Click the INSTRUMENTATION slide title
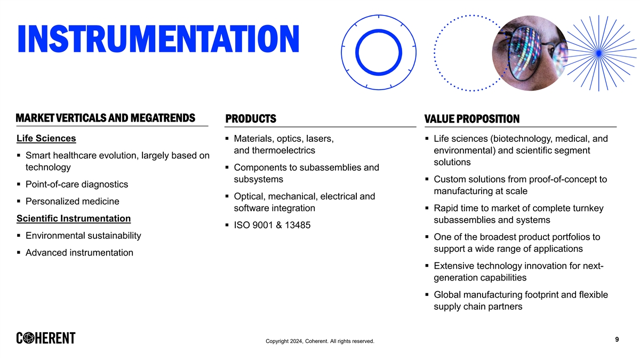[x=158, y=39]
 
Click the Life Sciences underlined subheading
[x=46, y=138]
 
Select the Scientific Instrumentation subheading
[x=74, y=219]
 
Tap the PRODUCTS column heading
[x=251, y=118]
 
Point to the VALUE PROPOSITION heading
[x=471, y=119]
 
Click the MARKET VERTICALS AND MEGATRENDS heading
[x=106, y=118]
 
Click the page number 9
[x=617, y=339]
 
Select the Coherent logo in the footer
[x=46, y=338]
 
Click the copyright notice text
[x=319, y=341]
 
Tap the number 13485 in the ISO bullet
[x=298, y=225]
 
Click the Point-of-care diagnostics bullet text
[x=77, y=185]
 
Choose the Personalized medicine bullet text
[x=73, y=202]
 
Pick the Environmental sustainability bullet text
[x=83, y=236]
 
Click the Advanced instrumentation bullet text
[x=79, y=253]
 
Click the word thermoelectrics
[x=283, y=150]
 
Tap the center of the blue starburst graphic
[x=599, y=53]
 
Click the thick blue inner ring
[x=379, y=30]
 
